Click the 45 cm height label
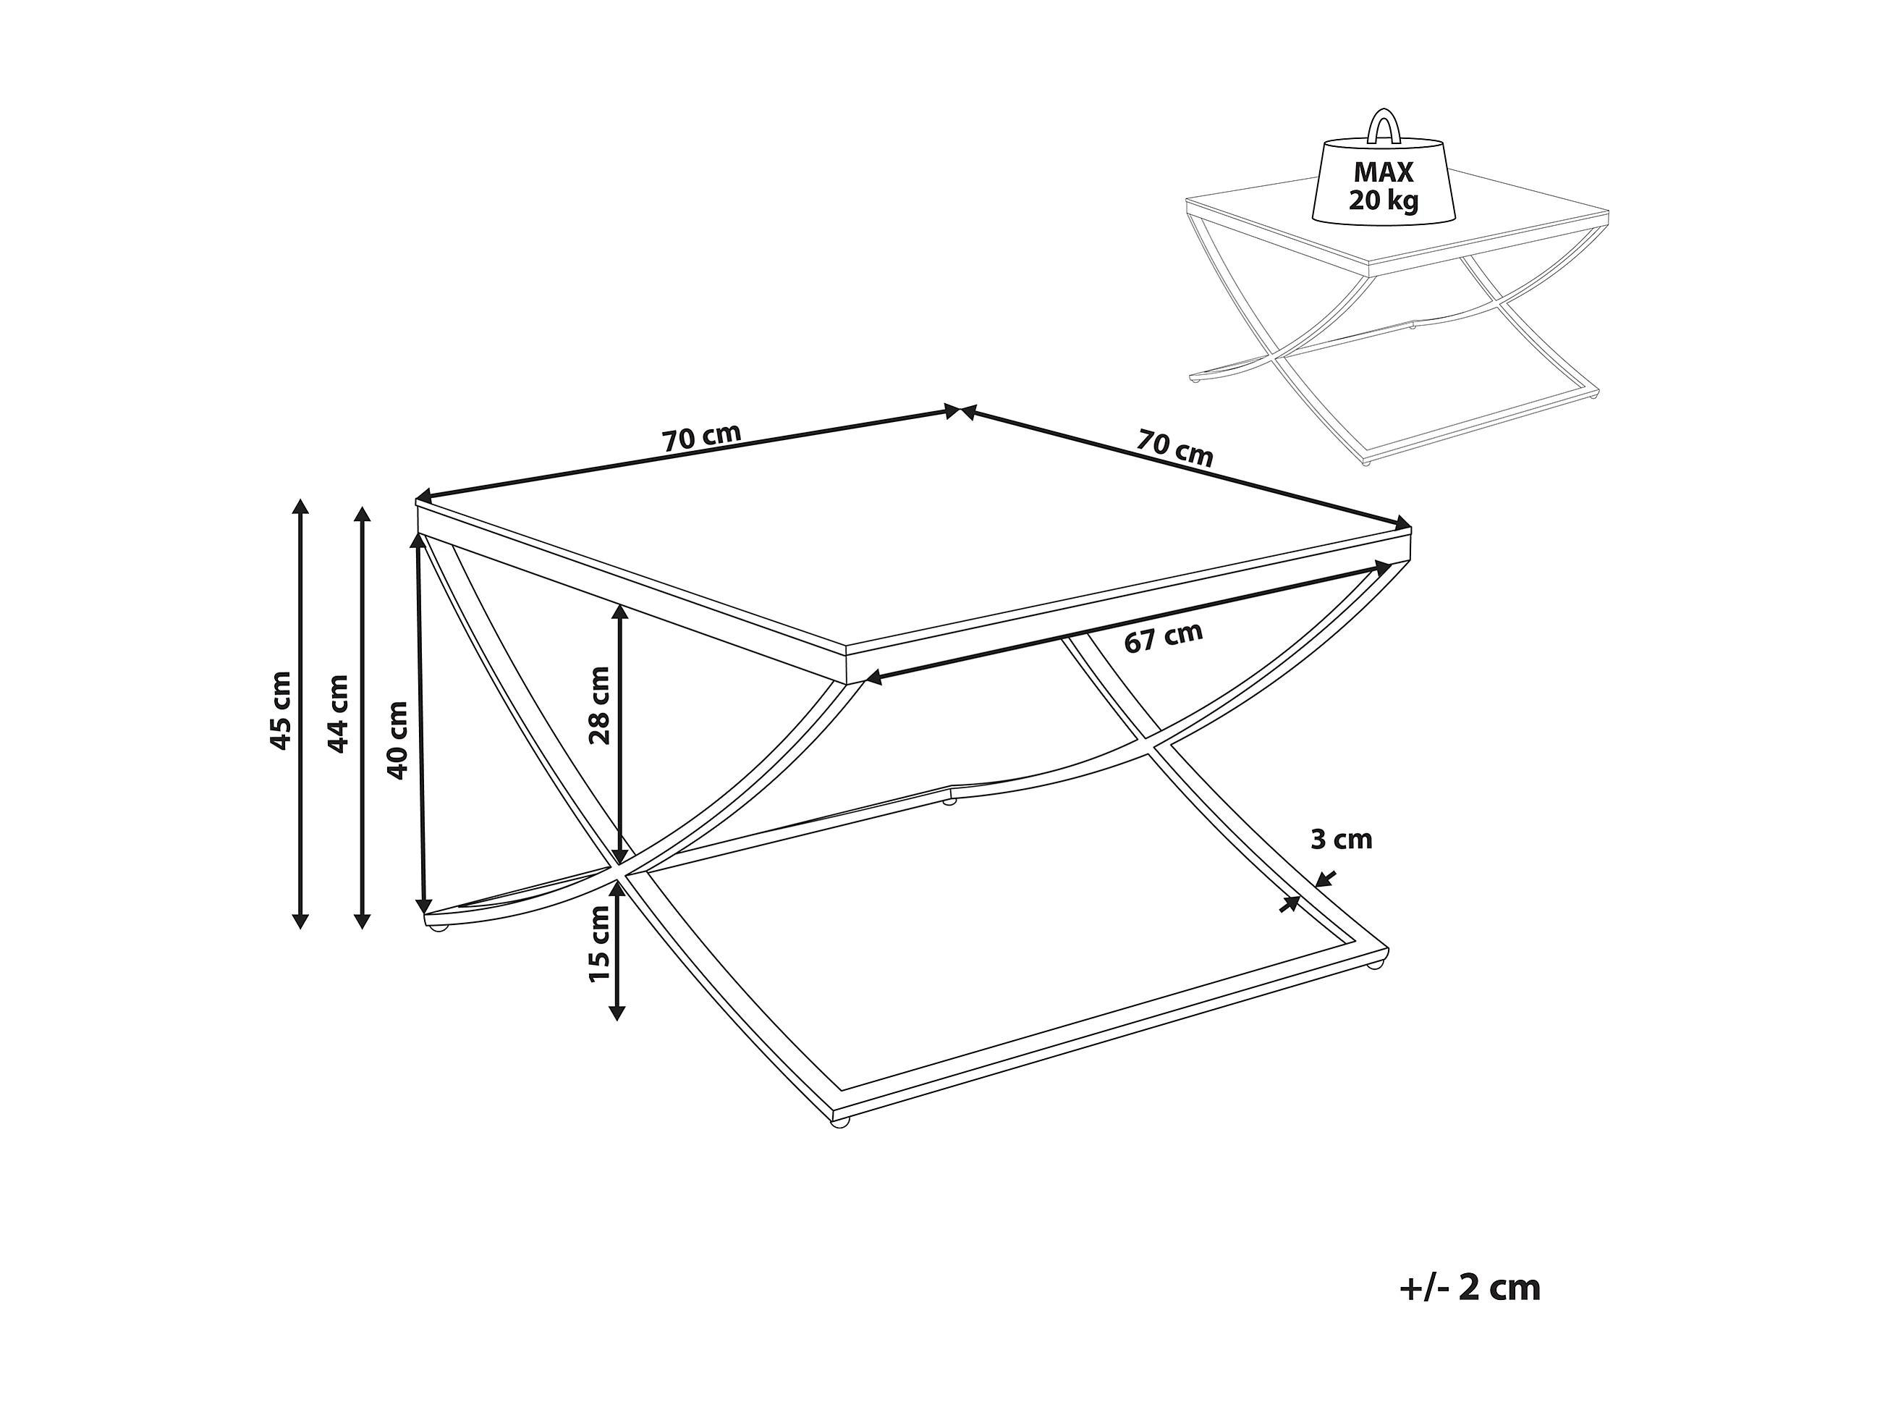(281, 711)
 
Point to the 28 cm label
(600, 706)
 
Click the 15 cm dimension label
(600, 943)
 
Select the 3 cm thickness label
(1341, 840)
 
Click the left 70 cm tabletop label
(701, 437)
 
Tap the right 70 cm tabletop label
(1174, 448)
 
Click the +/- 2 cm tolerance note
(1470, 1288)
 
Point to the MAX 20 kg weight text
(1383, 186)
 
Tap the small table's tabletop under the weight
(1513, 221)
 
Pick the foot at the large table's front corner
(839, 1123)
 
